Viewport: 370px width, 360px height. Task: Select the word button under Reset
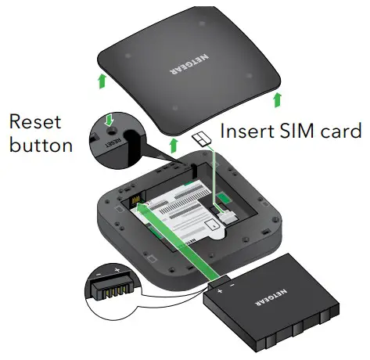click(40, 145)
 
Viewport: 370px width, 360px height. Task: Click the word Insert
click(245, 130)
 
